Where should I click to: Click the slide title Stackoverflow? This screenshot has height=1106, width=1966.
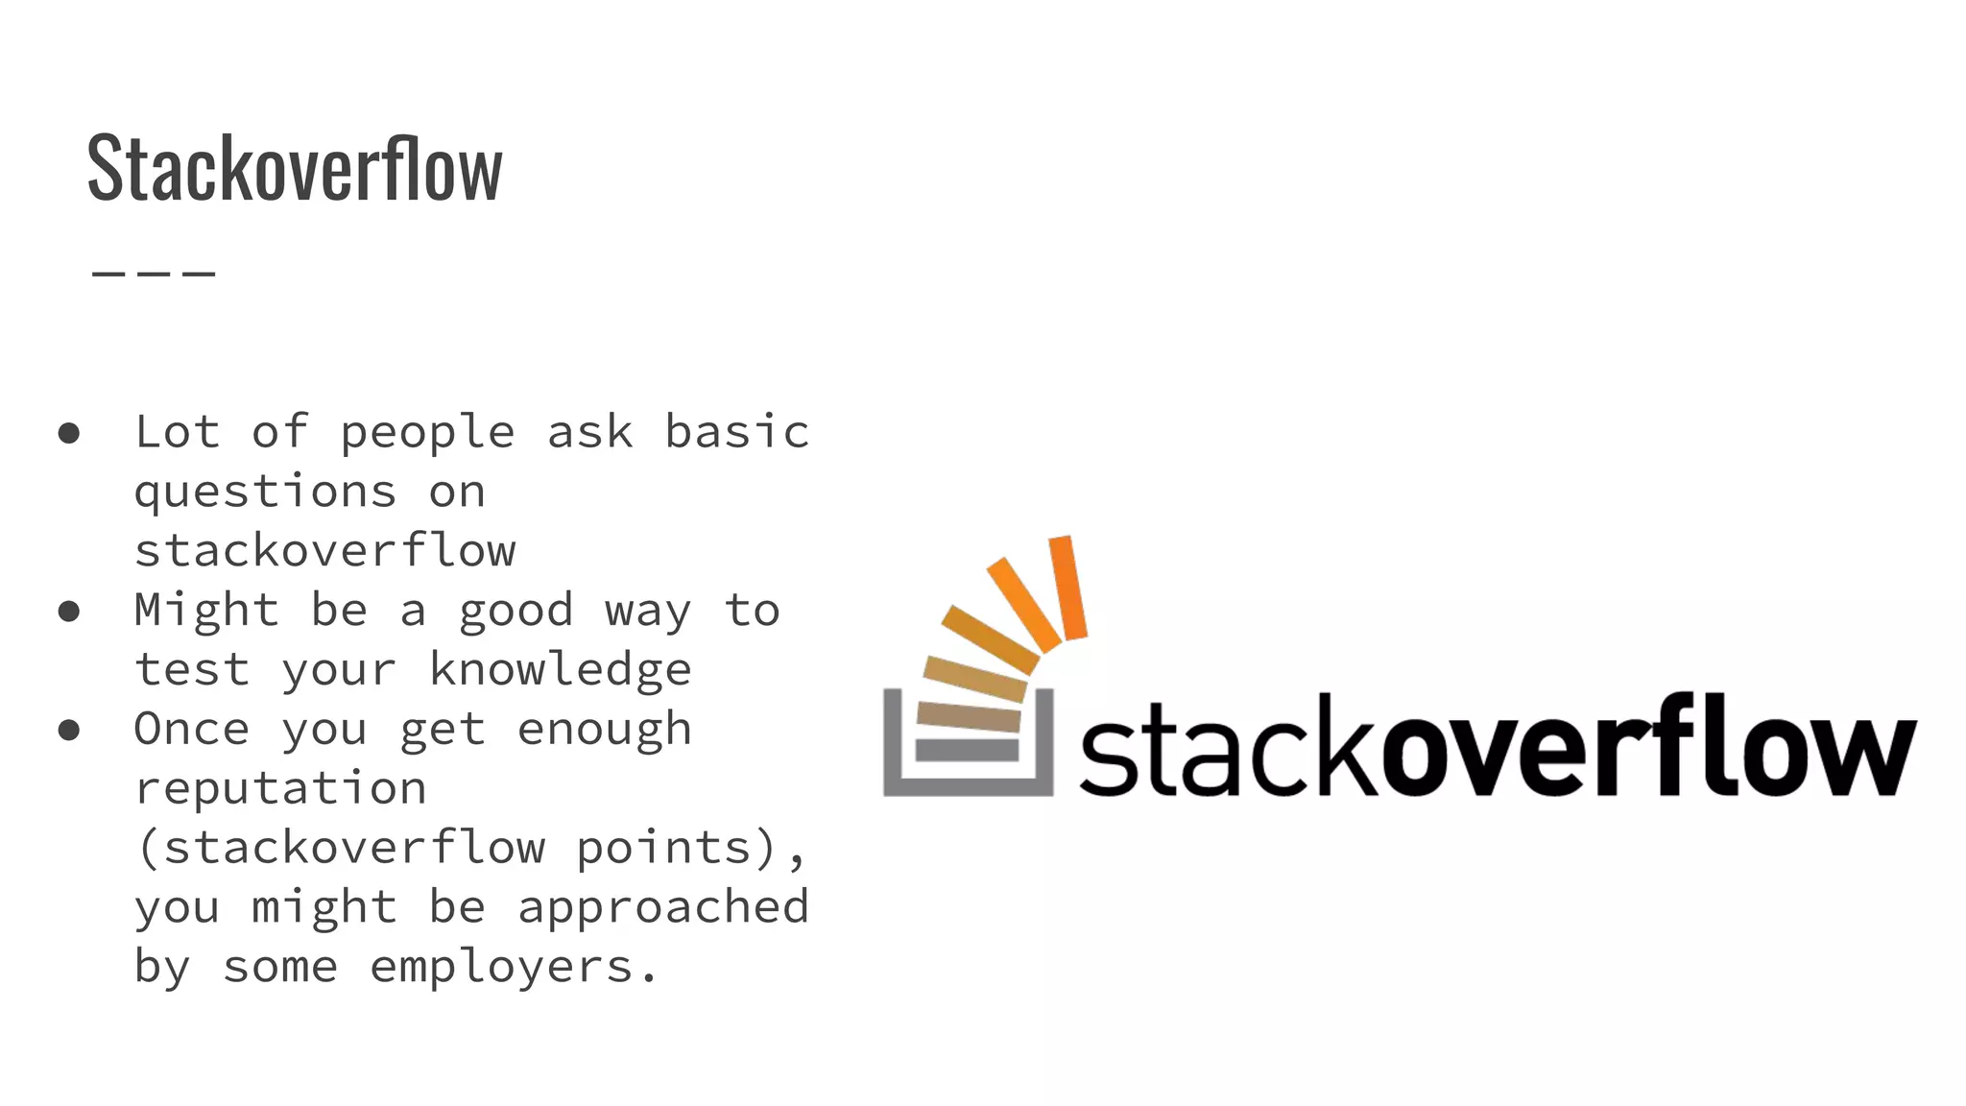(295, 168)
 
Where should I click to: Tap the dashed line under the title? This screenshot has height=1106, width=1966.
(154, 274)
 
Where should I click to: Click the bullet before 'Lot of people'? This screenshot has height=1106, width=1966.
(68, 433)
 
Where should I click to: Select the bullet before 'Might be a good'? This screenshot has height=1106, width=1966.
(68, 611)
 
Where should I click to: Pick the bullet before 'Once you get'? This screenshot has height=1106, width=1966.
(68, 730)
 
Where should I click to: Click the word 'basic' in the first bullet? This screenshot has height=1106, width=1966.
(737, 432)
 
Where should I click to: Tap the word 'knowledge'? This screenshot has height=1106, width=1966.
(560, 670)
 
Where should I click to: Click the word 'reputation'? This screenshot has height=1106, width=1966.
(280, 789)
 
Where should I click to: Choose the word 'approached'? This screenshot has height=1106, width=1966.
(663, 907)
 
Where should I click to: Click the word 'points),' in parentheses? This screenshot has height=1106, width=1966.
(692, 849)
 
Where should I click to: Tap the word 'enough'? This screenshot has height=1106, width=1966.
(604, 731)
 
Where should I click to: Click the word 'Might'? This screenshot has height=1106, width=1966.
(206, 611)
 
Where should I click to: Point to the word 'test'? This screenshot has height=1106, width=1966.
(192, 670)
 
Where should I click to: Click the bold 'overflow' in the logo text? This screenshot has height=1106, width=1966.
(1647, 749)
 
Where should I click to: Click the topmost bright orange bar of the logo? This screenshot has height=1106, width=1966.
(1067, 588)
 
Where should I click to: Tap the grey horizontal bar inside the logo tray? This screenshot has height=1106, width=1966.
(967, 750)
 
